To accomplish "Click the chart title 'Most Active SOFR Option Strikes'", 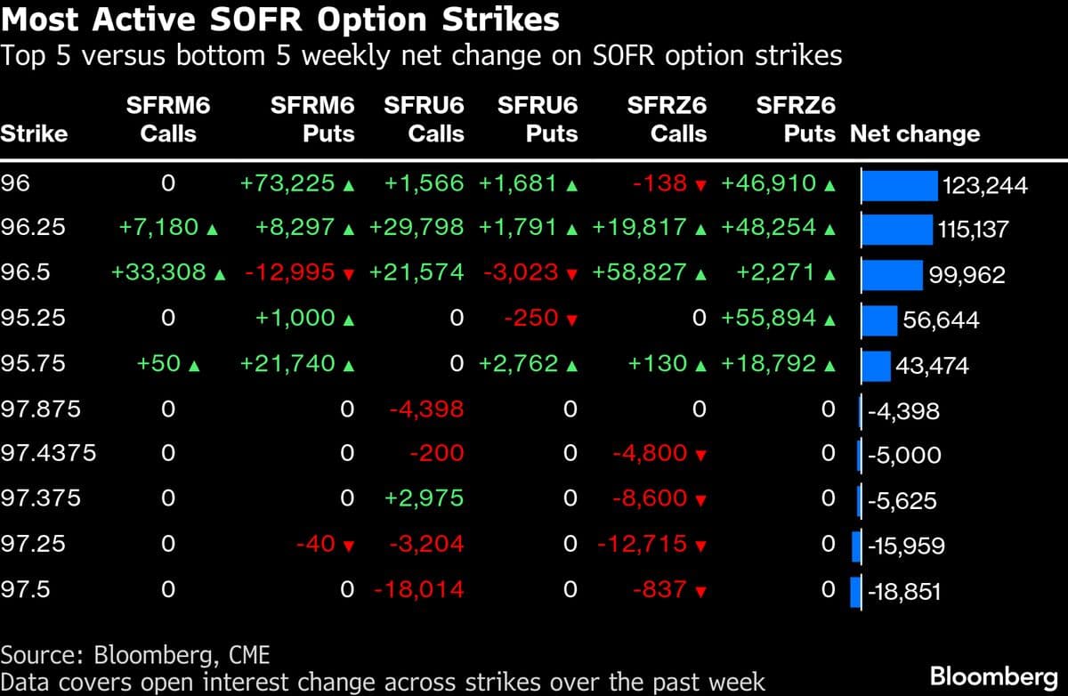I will pyautogui.click(x=280, y=20).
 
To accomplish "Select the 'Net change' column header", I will pyautogui.click(x=915, y=134).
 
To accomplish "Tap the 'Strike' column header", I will pyautogui.click(x=34, y=134).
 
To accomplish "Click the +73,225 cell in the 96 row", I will pyautogui.click(x=287, y=183).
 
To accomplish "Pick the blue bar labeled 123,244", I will pyautogui.click(x=900, y=185).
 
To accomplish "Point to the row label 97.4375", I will pyautogui.click(x=48, y=455).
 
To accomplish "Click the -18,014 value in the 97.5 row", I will pyautogui.click(x=419, y=590).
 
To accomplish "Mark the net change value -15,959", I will pyautogui.click(x=907, y=546).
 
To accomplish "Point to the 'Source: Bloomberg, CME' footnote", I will pyautogui.click(x=135, y=655).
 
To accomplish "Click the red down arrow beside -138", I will pyautogui.click(x=700, y=185).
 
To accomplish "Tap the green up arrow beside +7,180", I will pyautogui.click(x=212, y=229).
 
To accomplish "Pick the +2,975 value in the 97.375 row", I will pyautogui.click(x=424, y=499).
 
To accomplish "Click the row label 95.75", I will pyautogui.click(x=33, y=364).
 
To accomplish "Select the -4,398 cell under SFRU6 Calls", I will pyautogui.click(x=426, y=409).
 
